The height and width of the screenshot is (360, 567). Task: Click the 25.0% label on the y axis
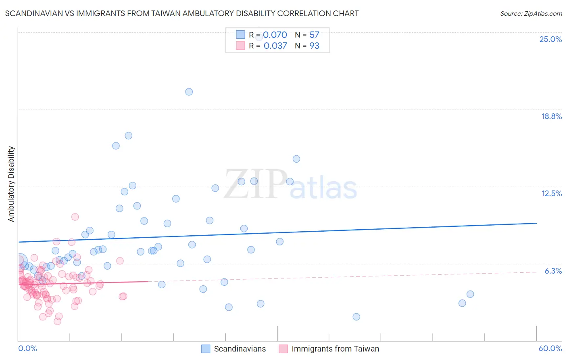pyautogui.click(x=550, y=39)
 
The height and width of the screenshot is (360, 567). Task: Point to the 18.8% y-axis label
pyautogui.click(x=551, y=116)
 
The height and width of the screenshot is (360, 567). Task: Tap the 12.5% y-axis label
pyautogui.click(x=551, y=193)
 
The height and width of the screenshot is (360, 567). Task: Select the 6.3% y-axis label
pyautogui.click(x=553, y=271)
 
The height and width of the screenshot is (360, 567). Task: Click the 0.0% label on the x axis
pyautogui.click(x=27, y=348)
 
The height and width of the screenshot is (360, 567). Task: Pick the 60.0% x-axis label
pyautogui.click(x=550, y=348)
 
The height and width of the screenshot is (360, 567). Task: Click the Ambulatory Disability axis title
pyautogui.click(x=11, y=184)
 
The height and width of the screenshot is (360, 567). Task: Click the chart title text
pyautogui.click(x=181, y=13)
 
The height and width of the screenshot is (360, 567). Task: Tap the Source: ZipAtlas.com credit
pyautogui.click(x=531, y=13)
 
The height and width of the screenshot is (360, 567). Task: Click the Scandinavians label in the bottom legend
pyautogui.click(x=240, y=349)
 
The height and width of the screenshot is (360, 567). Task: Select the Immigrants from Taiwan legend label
pyautogui.click(x=335, y=349)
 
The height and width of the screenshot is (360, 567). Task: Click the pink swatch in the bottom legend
pyautogui.click(x=283, y=349)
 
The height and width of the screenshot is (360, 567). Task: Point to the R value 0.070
pyautogui.click(x=275, y=35)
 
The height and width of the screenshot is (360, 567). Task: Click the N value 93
pyautogui.click(x=314, y=46)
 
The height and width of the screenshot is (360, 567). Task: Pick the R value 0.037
pyautogui.click(x=275, y=46)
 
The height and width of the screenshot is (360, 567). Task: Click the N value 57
pyautogui.click(x=314, y=35)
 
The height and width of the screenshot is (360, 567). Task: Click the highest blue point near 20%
pyautogui.click(x=189, y=92)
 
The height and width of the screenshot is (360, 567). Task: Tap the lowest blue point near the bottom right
pyautogui.click(x=356, y=317)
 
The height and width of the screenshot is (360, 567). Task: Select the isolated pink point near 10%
pyautogui.click(x=75, y=217)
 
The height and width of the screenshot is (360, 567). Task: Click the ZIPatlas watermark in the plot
pyautogui.click(x=290, y=185)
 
